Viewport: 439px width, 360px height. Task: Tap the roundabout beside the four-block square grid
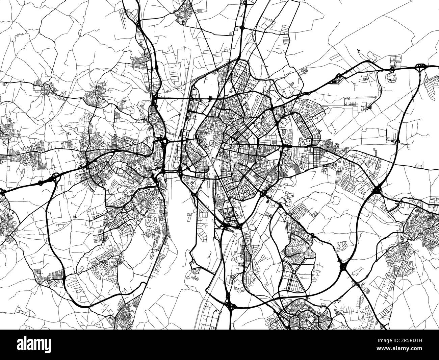coord(391,69)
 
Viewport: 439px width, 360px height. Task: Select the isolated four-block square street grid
coord(394,61)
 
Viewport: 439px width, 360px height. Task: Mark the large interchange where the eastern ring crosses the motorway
coord(377,190)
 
